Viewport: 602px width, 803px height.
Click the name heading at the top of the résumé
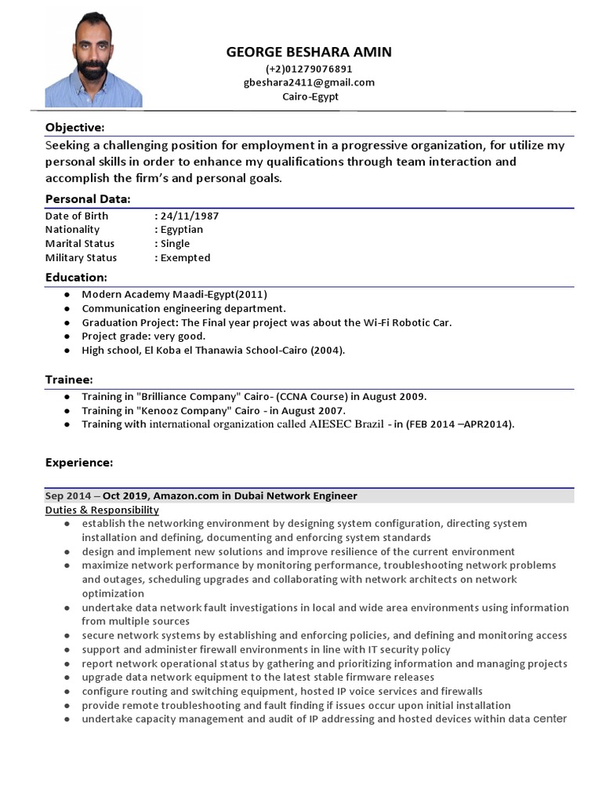click(309, 53)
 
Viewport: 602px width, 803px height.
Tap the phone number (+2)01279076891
click(309, 69)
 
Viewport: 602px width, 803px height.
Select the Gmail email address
click(309, 82)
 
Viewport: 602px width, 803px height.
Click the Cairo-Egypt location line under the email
click(310, 96)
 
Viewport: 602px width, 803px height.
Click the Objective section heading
click(74, 128)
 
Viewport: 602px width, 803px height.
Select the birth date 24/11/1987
click(190, 216)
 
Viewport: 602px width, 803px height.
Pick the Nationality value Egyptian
click(182, 230)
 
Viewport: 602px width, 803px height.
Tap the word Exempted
click(185, 258)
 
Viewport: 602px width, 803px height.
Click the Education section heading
click(76, 278)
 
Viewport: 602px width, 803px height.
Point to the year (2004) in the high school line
click(328, 351)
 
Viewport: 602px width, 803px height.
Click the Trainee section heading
click(70, 380)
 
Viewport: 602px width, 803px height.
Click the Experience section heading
click(79, 463)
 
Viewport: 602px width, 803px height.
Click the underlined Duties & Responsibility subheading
click(102, 511)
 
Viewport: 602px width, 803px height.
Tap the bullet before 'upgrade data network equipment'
click(71, 678)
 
